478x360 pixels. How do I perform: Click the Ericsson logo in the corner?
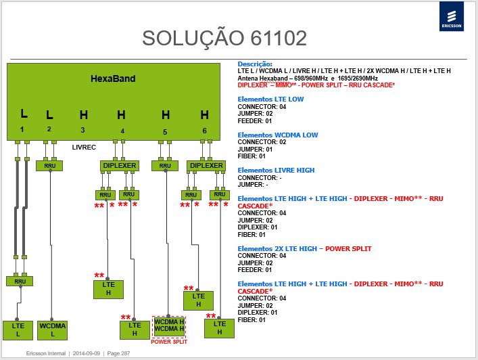[x=452, y=16]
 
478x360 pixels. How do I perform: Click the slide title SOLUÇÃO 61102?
[x=224, y=38]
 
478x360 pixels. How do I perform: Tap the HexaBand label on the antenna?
[x=113, y=78]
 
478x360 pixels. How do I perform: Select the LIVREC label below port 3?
[x=84, y=148]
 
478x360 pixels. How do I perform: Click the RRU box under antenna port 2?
[x=49, y=166]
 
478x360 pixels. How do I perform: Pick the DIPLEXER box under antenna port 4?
[x=120, y=166]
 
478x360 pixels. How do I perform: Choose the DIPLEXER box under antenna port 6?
[x=206, y=166]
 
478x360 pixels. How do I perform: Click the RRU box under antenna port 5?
[x=165, y=166]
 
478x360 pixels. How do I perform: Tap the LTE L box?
[x=18, y=330]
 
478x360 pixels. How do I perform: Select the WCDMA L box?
[x=53, y=330]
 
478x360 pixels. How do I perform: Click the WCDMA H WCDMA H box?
[x=169, y=326]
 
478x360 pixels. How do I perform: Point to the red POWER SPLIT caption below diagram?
[x=169, y=342]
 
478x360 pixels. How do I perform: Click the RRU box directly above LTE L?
[x=20, y=281]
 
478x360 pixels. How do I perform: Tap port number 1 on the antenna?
[x=22, y=129]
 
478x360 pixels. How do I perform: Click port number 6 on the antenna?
[x=205, y=131]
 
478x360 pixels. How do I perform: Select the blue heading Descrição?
[x=255, y=64]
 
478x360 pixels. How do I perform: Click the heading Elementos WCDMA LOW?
[x=278, y=135]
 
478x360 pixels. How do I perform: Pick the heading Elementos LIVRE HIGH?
[x=276, y=171]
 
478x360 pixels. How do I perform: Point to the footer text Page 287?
[x=118, y=353]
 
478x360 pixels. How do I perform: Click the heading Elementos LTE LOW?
[x=270, y=99]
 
